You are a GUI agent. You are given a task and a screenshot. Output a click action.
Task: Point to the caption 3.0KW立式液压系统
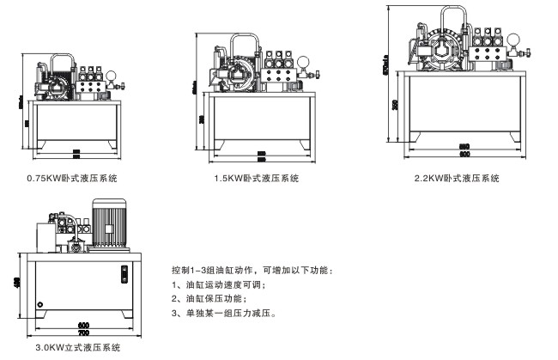(72, 348)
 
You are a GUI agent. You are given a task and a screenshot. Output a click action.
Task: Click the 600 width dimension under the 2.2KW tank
(464, 156)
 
